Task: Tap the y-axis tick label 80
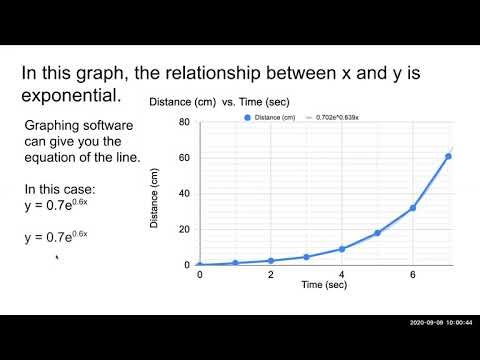184,123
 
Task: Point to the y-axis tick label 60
184,158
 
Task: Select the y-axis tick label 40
184,194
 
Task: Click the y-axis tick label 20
184,229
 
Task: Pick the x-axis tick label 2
270,274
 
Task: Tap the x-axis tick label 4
342,274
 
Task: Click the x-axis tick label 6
412,274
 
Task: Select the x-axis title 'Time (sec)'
326,285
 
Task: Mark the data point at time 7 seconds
448,156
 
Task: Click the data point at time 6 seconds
412,208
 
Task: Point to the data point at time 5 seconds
377,233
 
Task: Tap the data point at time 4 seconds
342,249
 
